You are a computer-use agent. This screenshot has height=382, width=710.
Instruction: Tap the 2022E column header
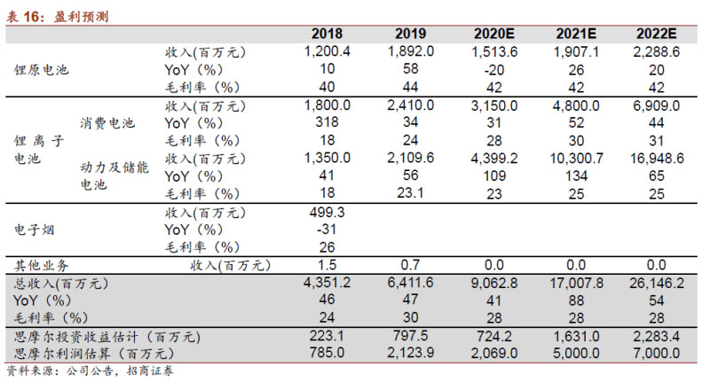tap(658, 34)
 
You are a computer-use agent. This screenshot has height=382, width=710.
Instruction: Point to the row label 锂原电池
tap(41, 68)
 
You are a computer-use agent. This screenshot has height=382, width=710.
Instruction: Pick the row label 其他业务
tap(41, 265)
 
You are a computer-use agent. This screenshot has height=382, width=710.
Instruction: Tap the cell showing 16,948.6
tap(658, 159)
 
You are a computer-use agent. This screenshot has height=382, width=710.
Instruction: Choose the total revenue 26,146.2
tap(658, 284)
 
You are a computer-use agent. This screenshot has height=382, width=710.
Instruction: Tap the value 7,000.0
tap(658, 354)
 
